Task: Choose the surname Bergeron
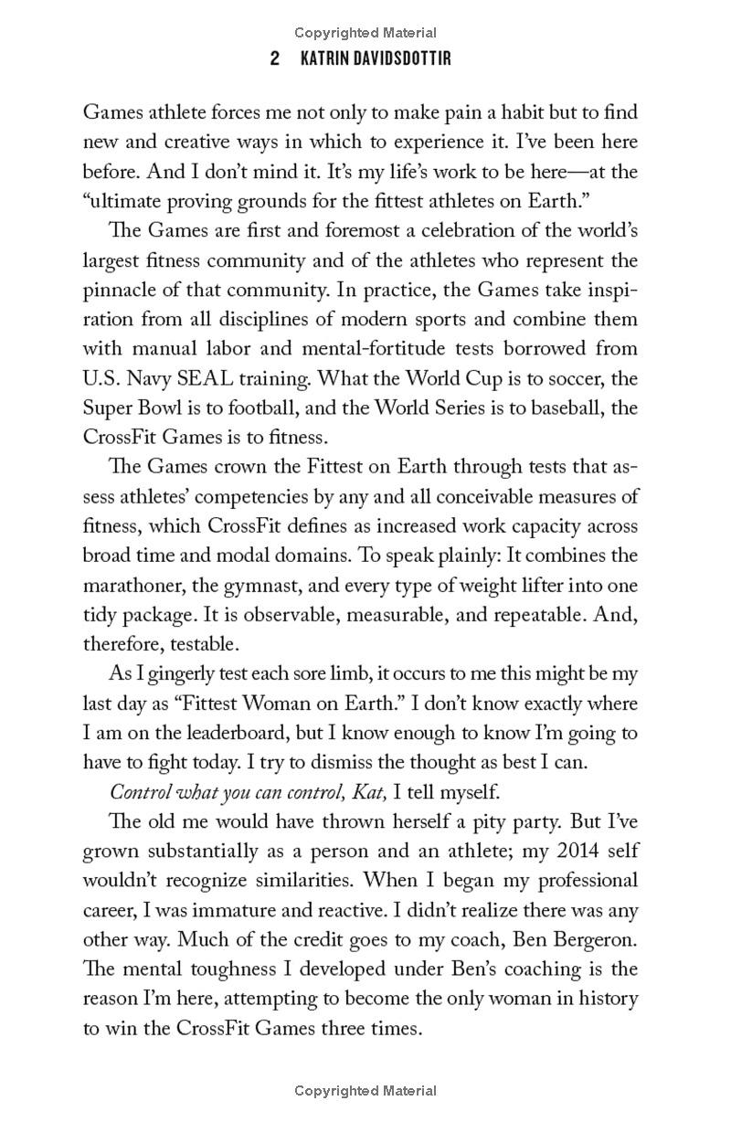click(592, 939)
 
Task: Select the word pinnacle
click(118, 289)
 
